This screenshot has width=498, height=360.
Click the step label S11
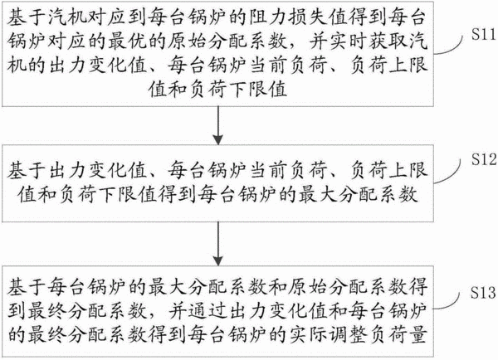[483, 34]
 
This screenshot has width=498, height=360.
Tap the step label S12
[484, 158]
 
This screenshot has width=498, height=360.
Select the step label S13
[483, 292]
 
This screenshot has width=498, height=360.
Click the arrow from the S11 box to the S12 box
[217, 125]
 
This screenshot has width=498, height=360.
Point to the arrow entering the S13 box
[217, 244]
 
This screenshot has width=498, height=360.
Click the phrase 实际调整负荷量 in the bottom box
[358, 334]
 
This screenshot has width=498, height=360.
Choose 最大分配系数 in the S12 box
[358, 194]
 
